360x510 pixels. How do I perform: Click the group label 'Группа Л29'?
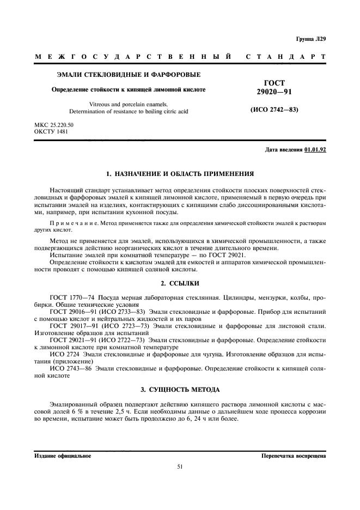(310, 39)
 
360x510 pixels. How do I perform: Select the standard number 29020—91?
(274, 92)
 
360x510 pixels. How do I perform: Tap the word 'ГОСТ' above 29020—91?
(274, 83)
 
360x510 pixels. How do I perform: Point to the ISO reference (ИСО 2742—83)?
(274, 110)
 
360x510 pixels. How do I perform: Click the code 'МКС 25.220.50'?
(53, 125)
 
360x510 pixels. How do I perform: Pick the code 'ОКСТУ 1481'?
(51, 132)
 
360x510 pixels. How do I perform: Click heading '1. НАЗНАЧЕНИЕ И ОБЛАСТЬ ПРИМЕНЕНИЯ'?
(180, 174)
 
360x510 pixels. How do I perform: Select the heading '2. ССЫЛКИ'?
(180, 283)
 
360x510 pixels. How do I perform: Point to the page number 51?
(180, 466)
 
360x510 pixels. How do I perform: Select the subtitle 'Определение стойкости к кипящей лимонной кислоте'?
(129, 89)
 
